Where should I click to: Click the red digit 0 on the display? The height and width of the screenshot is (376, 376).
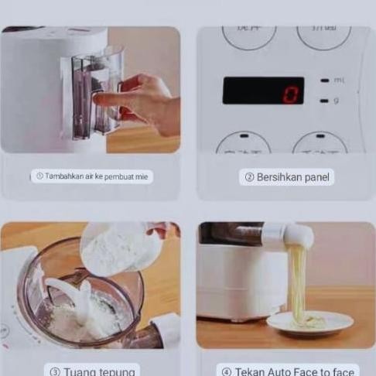[x=290, y=94]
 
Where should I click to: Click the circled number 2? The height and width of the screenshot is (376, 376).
[x=249, y=177]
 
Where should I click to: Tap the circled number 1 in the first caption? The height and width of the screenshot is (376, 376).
[x=39, y=176]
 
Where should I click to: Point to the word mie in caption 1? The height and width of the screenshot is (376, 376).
[x=142, y=176]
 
